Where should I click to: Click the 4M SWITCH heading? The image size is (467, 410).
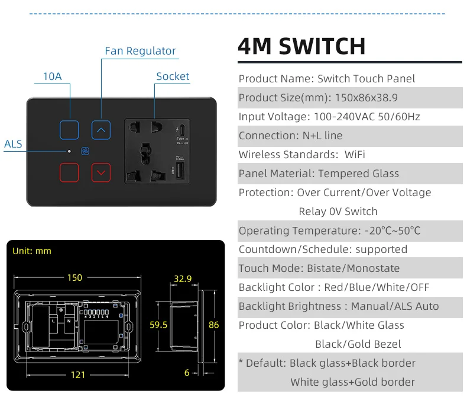(301, 46)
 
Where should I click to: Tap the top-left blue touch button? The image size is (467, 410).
(69, 129)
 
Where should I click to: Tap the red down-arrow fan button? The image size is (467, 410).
(100, 172)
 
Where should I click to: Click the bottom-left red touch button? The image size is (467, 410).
(69, 172)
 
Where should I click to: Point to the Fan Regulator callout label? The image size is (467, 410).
(140, 51)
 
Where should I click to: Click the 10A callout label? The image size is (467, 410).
(52, 76)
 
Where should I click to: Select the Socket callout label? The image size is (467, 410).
(173, 76)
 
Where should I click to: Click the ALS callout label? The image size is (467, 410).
(13, 144)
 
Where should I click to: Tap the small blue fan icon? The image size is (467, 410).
(84, 151)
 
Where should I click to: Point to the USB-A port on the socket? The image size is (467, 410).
(179, 172)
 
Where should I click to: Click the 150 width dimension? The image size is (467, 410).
(74, 277)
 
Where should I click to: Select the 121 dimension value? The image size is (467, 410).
(78, 374)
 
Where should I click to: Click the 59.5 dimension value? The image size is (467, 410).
(158, 325)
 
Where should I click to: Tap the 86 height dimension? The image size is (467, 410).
(213, 325)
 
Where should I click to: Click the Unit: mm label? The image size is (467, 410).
(32, 251)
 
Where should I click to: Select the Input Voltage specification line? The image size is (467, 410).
(329, 117)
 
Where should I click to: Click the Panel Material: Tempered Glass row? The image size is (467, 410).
(319, 174)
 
